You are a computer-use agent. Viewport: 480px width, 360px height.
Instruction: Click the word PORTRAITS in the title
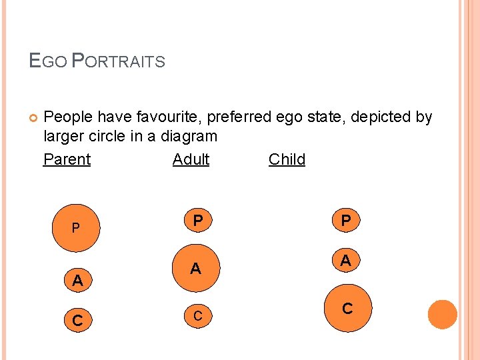point(117,62)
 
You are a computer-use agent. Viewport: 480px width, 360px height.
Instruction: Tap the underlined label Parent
point(67,159)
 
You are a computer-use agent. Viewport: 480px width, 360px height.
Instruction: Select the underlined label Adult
point(191,159)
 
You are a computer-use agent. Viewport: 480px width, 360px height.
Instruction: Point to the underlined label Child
point(287,159)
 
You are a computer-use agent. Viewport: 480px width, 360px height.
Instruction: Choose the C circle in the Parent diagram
point(77,321)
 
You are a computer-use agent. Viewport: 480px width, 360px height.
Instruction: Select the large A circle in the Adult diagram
point(195,269)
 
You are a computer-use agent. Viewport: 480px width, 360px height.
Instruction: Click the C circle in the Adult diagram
point(198,315)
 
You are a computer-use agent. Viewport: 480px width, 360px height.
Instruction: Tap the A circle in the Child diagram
point(345,261)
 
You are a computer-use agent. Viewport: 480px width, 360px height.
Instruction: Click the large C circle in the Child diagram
point(347,309)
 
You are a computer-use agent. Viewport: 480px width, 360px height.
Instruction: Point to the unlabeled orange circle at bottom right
point(443,315)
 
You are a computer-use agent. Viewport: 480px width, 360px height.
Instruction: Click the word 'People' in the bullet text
point(68,117)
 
